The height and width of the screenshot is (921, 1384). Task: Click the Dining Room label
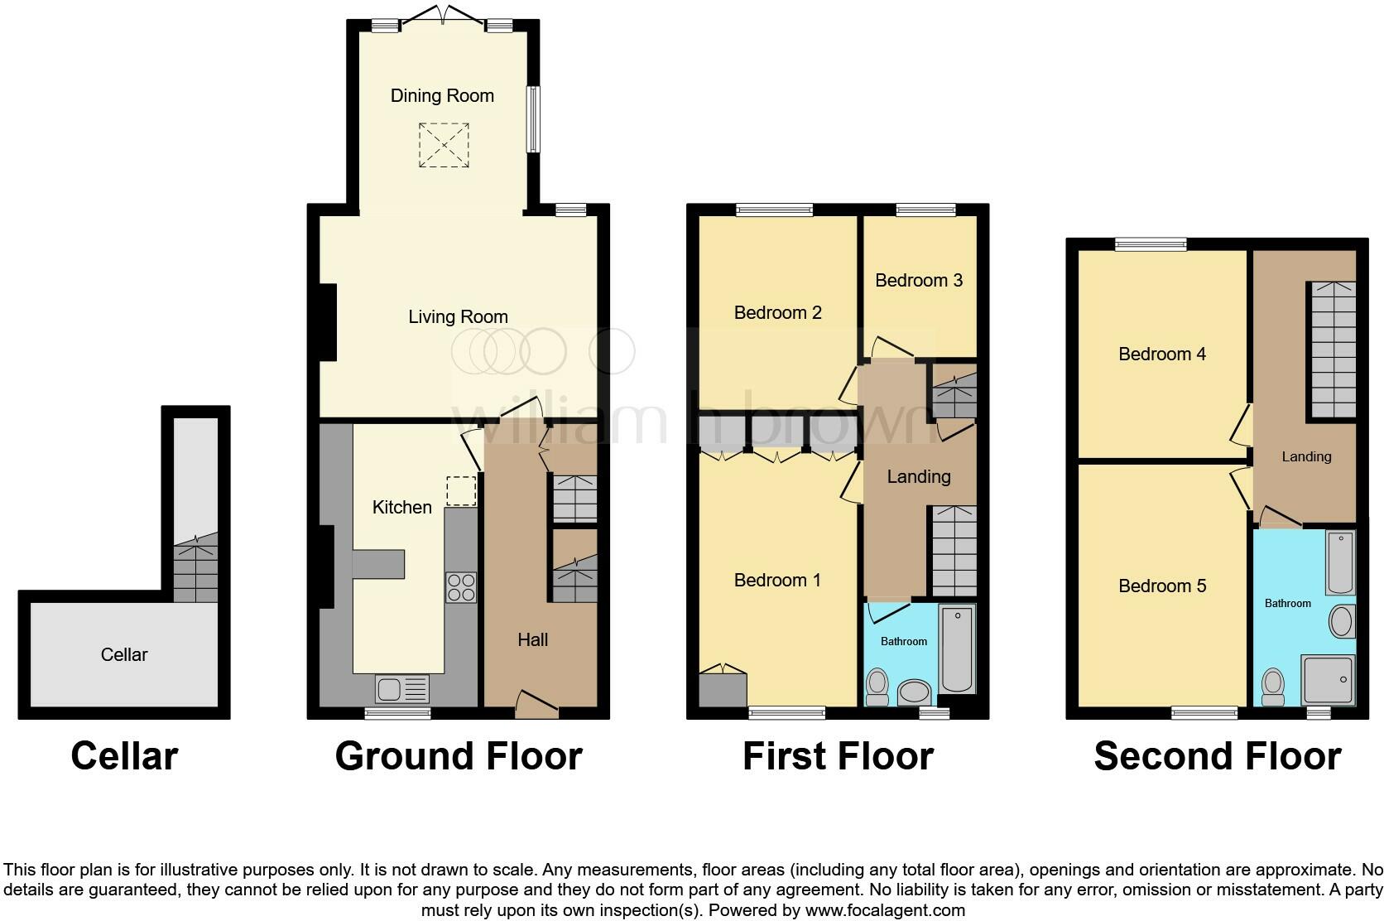(x=442, y=96)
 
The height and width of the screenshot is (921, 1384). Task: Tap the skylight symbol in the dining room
(x=444, y=146)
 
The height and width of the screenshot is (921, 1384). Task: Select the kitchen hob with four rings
(x=461, y=586)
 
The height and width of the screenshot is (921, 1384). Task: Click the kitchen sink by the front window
(x=402, y=688)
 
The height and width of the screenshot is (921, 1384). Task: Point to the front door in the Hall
(x=536, y=703)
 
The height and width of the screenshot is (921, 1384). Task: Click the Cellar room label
(x=124, y=655)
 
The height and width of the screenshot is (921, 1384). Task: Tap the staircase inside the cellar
(x=196, y=568)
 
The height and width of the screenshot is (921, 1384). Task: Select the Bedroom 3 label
(x=918, y=281)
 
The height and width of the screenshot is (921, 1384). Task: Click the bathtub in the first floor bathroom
(x=958, y=649)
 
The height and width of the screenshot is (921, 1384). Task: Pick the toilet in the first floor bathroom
(x=877, y=687)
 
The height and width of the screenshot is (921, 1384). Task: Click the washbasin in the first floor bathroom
(x=914, y=692)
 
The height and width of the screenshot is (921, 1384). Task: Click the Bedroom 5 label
(x=1161, y=586)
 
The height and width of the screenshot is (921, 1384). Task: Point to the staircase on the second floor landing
(x=1333, y=349)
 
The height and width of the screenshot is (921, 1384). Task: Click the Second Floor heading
(x=1217, y=756)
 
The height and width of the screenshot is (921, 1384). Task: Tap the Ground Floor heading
(x=459, y=756)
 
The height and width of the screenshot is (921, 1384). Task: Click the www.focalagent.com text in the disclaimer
(x=884, y=910)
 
